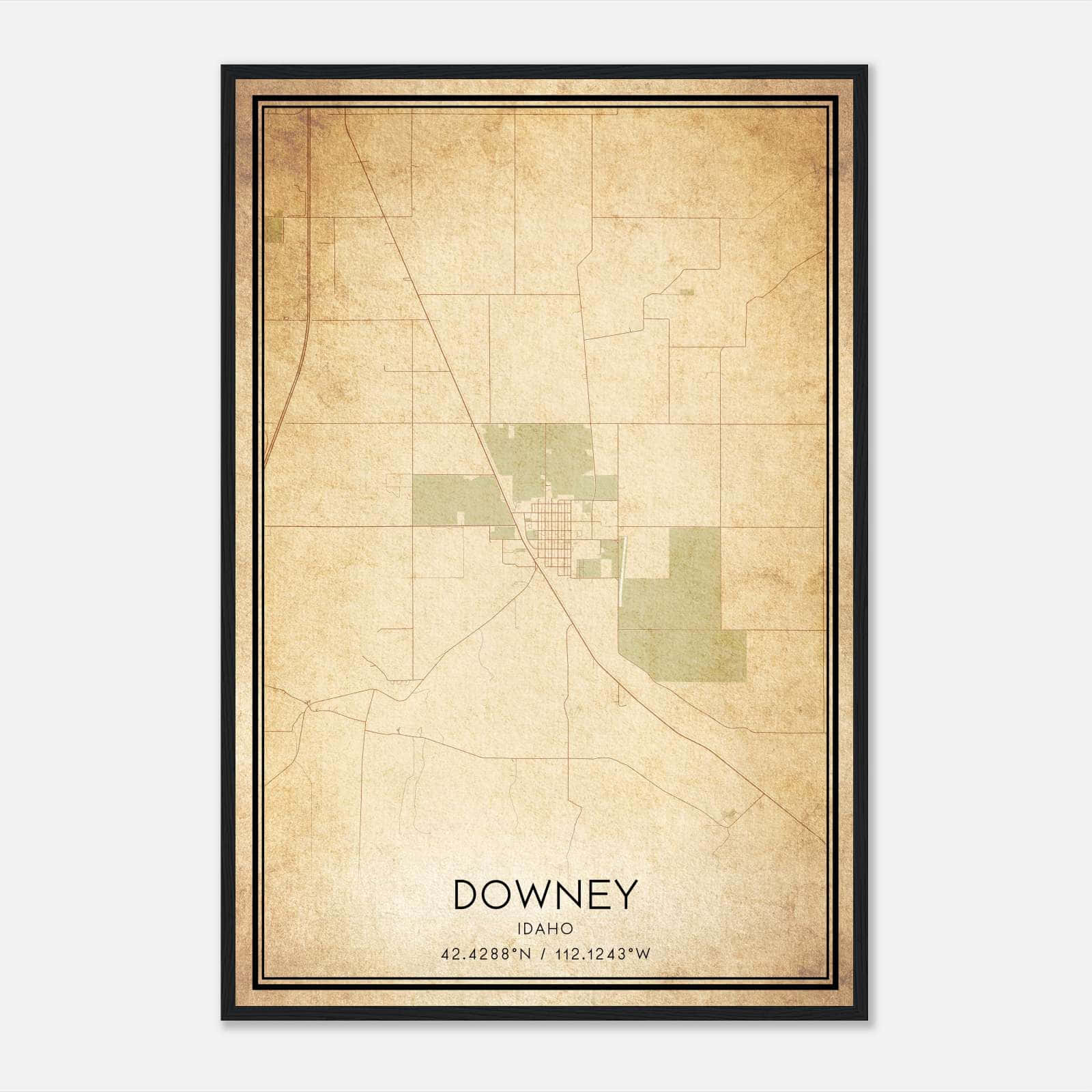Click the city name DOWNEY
pos(545,894)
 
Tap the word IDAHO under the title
pos(545,929)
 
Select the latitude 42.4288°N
pos(485,953)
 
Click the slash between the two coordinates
pos(543,953)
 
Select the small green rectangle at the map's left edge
pos(274,229)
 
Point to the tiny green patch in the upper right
pos(687,292)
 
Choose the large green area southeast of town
pos(682,614)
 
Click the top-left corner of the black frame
pos(223,67)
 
